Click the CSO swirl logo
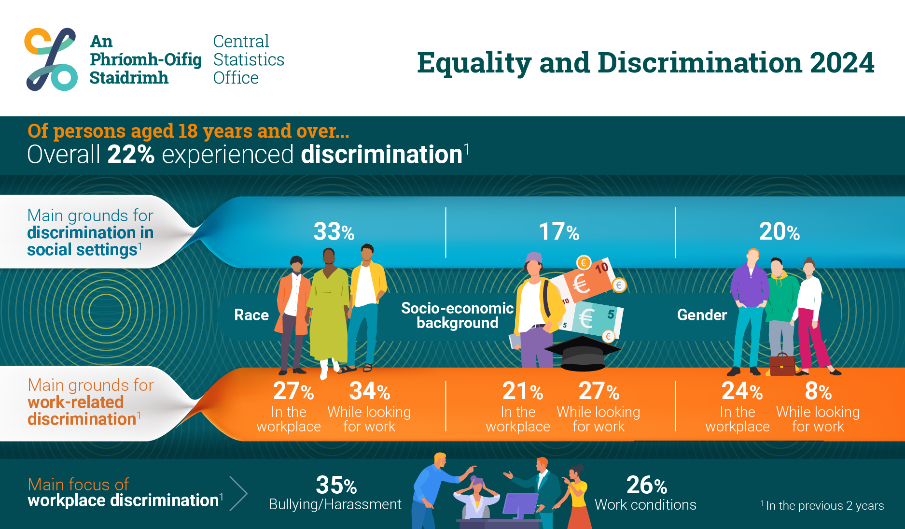click(51, 59)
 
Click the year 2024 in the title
click(842, 63)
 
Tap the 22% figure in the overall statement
click(131, 155)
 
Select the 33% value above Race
click(334, 231)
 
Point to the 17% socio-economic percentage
click(559, 231)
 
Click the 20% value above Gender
click(780, 231)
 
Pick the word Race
click(251, 315)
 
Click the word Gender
click(702, 315)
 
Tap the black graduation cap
click(583, 353)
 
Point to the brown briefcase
click(782, 365)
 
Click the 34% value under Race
click(370, 391)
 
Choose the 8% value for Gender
click(818, 391)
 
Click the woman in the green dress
click(329, 312)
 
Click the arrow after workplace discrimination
click(238, 494)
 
